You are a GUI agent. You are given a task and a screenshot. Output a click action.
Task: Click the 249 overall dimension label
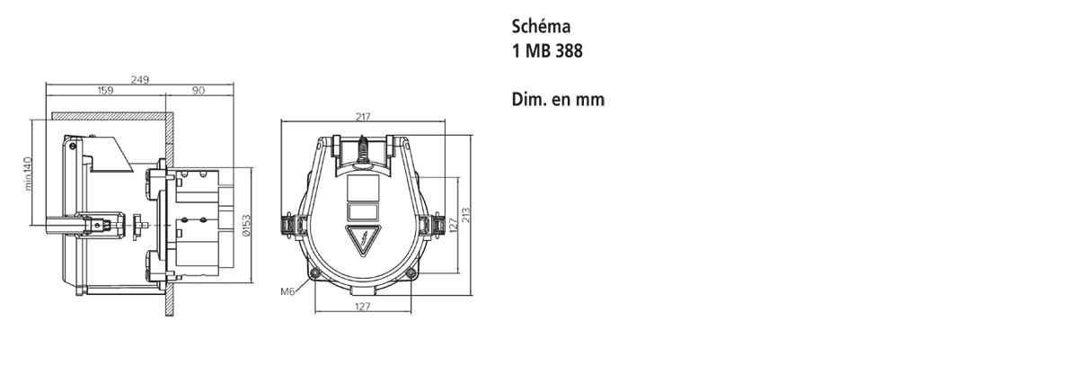pos(139,79)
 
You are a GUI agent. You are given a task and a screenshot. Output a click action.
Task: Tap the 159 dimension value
pos(105,90)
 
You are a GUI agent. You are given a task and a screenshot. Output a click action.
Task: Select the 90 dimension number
pos(199,90)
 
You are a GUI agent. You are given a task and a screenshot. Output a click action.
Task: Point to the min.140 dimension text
pos(29,174)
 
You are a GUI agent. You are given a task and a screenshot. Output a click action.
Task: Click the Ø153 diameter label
pos(246,226)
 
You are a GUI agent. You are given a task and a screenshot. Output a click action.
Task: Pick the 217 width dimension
pos(363,117)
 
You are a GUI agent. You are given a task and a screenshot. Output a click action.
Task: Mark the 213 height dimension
pos(466,215)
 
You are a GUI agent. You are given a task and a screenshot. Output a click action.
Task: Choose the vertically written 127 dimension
pos(453,225)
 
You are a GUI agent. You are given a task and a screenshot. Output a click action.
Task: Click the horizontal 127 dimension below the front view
pos(362,307)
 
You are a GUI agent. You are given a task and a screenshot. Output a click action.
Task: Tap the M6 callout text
pos(287,291)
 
